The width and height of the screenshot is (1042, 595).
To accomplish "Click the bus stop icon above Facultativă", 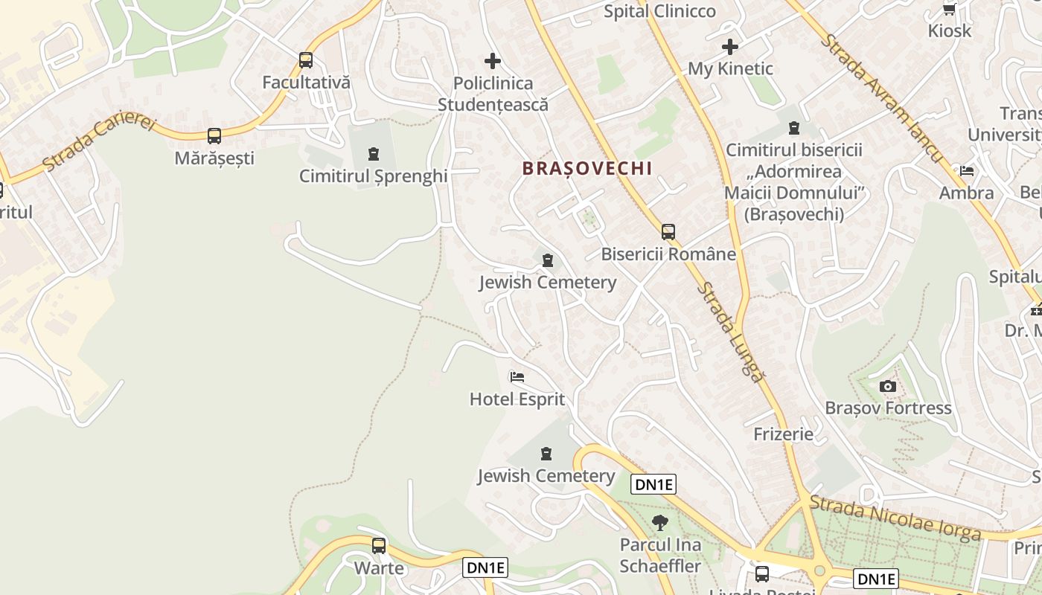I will [306, 60].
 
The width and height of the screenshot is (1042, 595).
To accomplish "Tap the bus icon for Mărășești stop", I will [214, 136].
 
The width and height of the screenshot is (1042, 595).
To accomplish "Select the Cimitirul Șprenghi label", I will [373, 176].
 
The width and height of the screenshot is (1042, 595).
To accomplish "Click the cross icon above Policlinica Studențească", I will [493, 61].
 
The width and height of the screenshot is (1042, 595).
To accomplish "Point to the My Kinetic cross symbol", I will [730, 47].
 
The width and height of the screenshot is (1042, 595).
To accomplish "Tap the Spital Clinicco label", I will [659, 11].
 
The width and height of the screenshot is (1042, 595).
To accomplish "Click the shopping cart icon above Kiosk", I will [950, 9].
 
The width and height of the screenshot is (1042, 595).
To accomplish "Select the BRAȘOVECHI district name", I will [587, 169].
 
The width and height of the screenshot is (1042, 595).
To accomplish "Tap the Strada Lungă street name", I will [732, 332].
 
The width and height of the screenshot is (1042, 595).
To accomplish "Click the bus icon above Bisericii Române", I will [668, 231].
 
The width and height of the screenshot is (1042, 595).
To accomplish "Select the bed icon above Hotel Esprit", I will [517, 377].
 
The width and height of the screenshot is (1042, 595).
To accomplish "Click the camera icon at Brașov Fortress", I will [887, 386].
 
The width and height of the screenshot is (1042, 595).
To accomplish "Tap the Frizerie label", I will [784, 434].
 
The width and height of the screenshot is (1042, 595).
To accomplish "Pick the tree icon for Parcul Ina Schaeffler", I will [659, 523].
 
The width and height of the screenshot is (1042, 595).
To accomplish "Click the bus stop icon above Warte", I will [379, 546].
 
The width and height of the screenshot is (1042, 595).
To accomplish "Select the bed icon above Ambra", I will [967, 171].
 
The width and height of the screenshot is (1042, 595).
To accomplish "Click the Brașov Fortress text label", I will [888, 408].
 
